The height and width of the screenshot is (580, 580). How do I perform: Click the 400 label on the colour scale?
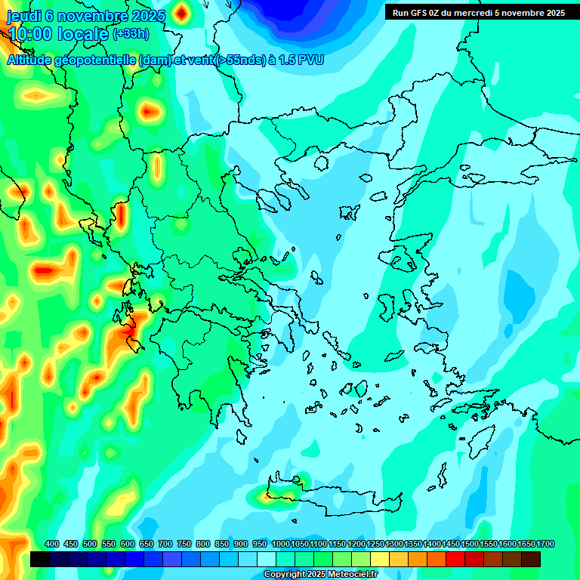(x=52, y=545)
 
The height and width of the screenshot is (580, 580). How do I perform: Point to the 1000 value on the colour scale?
(x=281, y=545)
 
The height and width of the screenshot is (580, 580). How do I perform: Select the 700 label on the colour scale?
(x=165, y=545)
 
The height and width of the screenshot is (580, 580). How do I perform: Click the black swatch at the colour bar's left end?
(x=40, y=559)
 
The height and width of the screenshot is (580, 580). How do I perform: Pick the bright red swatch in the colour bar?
(x=455, y=559)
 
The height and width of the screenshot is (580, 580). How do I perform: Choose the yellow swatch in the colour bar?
(x=380, y=559)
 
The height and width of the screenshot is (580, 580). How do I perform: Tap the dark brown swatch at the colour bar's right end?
(x=531, y=559)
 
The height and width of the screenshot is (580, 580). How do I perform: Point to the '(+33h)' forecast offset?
(x=131, y=34)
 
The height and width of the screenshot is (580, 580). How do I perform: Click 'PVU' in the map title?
(x=310, y=60)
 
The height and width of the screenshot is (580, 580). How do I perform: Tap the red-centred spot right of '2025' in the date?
(x=181, y=13)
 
